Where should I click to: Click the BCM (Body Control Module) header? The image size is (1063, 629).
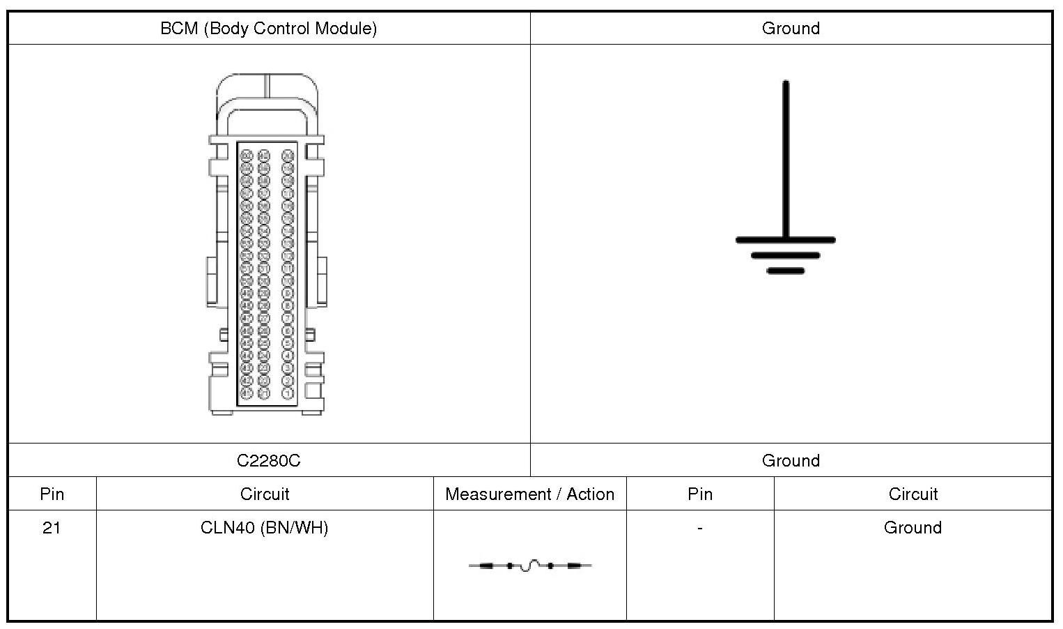click(x=268, y=29)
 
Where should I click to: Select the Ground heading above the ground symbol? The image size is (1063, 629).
click(x=791, y=29)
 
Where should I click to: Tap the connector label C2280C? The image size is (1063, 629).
click(x=268, y=461)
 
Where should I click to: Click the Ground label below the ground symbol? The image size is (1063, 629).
click(x=791, y=461)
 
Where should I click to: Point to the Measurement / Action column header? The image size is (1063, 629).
click(x=529, y=494)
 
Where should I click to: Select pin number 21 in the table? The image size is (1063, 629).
click(x=52, y=528)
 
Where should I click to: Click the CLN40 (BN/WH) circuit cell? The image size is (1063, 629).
click(x=264, y=528)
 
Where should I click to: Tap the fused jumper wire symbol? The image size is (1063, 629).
click(x=529, y=566)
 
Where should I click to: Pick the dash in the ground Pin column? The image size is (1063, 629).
click(x=699, y=528)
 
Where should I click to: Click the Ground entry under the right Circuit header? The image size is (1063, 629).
click(x=913, y=528)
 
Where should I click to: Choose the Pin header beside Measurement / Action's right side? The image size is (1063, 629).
click(x=699, y=494)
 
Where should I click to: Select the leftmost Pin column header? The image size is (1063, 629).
click(x=52, y=494)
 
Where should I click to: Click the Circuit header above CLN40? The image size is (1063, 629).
click(x=264, y=494)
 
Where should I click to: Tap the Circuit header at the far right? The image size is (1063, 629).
click(x=913, y=494)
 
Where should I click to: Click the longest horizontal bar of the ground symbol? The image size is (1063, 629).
click(x=786, y=240)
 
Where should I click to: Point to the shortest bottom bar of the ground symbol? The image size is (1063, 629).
click(x=786, y=271)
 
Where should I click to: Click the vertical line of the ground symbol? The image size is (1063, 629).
click(x=786, y=160)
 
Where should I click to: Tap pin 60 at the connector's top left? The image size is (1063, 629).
click(x=246, y=155)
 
